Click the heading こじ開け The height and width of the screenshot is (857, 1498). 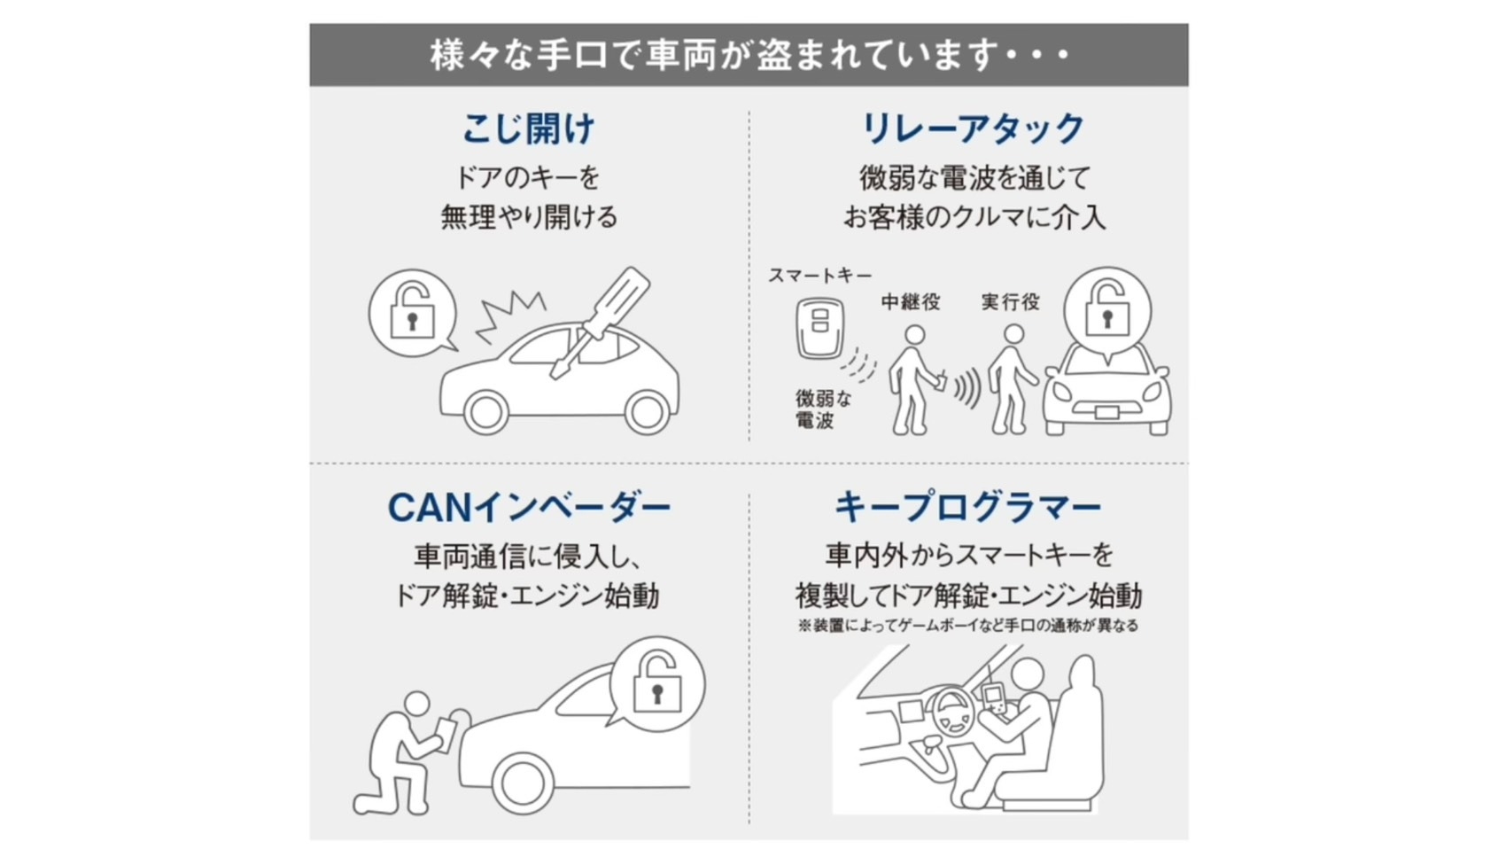click(528, 129)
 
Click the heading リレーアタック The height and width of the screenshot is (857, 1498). click(973, 129)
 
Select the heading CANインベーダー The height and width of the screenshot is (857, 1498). click(529, 508)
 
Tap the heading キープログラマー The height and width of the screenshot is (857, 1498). click(967, 507)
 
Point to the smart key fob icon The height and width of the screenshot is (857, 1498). click(819, 329)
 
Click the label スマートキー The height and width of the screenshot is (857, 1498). click(820, 275)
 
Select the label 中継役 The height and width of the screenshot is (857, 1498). click(910, 301)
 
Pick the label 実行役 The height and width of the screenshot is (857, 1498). click(1010, 301)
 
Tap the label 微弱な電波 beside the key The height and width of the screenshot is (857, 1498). click(823, 409)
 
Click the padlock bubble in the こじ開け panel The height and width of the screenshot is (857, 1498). click(413, 313)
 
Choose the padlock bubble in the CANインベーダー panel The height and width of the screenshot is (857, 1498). click(656, 683)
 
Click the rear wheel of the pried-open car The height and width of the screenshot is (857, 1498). click(647, 412)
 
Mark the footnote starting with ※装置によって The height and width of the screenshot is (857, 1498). click(967, 626)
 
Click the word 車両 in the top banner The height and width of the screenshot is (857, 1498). click(679, 55)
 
